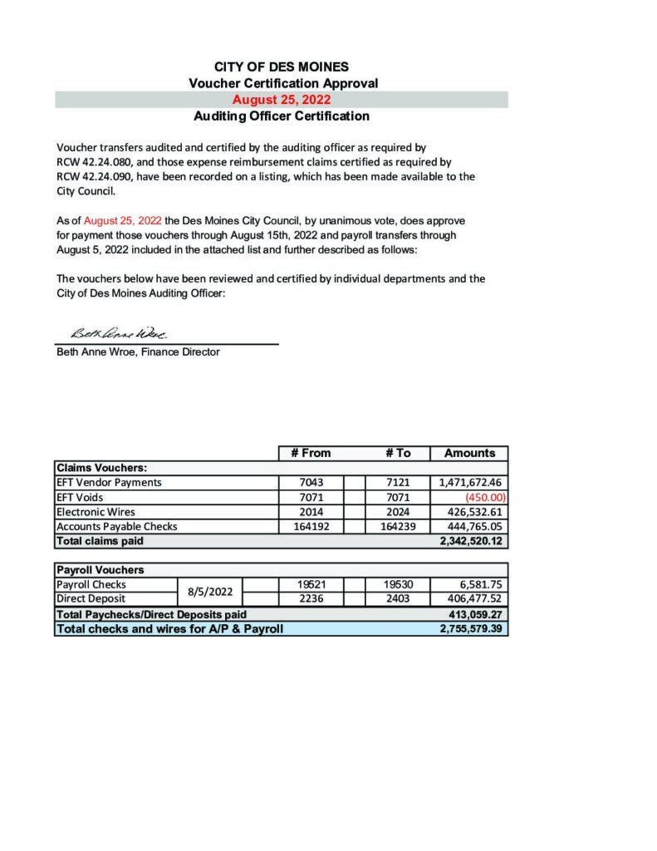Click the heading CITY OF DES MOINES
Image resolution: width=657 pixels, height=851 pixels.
coord(282,66)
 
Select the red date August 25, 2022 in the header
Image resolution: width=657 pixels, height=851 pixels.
coord(282,100)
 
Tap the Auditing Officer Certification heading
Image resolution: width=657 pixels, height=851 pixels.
coord(282,116)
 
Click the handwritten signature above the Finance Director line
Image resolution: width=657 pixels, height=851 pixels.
coord(120,333)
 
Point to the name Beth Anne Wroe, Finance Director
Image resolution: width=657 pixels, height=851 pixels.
coord(138,352)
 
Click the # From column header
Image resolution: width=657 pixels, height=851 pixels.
coord(311,453)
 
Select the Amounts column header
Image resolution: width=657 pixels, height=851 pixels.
coord(469,453)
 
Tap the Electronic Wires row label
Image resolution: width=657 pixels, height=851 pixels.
coord(96,512)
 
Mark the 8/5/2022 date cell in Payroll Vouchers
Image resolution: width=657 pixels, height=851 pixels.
coord(209,592)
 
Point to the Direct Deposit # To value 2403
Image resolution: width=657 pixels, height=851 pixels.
coord(399,598)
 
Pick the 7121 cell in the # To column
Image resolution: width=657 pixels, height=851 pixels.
coord(399,482)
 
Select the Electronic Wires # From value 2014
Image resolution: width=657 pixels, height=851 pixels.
coord(311,512)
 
